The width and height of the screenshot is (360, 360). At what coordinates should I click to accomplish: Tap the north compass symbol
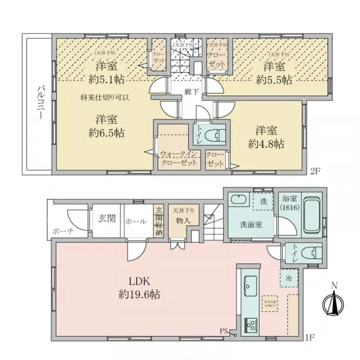click(334, 299)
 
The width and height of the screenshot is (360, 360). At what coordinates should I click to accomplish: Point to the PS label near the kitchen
click(223, 329)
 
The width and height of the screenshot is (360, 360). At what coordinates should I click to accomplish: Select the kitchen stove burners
click(249, 326)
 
